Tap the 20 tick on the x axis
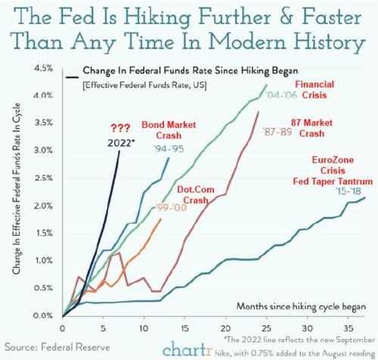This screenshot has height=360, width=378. point(224,329)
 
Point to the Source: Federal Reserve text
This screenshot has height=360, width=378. point(50,346)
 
